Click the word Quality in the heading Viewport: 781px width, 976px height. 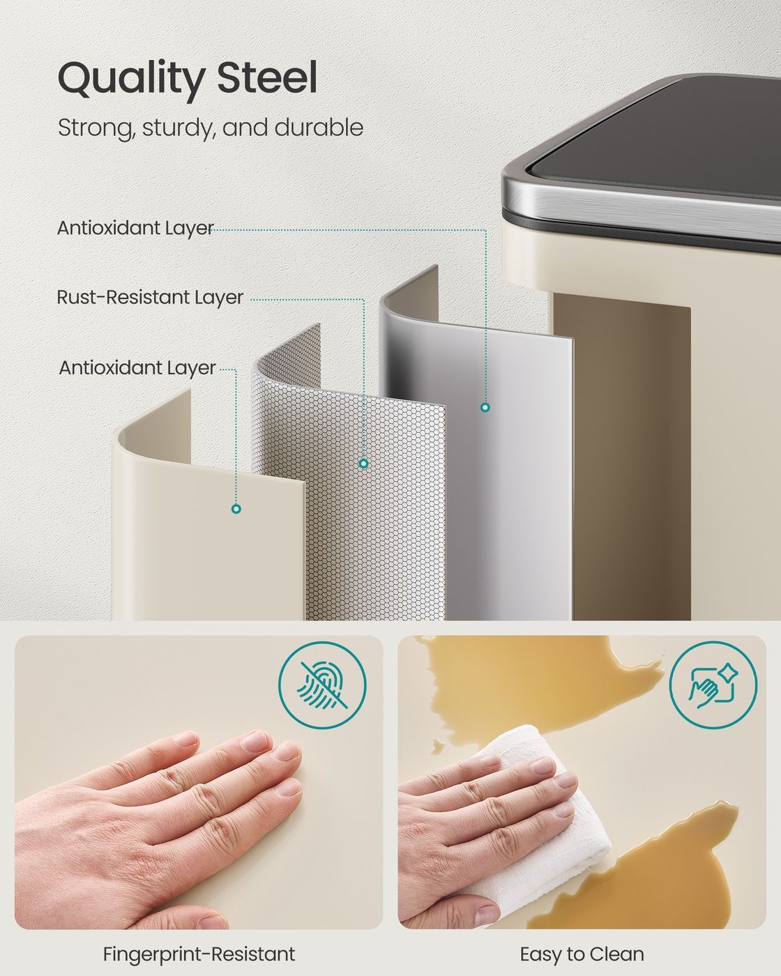point(130,79)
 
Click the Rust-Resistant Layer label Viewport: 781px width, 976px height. point(150,298)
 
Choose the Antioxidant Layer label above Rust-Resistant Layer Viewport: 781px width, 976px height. point(135,228)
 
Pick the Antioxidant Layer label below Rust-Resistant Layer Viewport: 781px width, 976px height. point(137,367)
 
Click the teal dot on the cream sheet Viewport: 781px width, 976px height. point(236,509)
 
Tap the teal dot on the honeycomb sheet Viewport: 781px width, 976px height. point(363,463)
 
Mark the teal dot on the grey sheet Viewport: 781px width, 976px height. point(485,407)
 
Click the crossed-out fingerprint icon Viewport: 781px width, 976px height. point(322,685)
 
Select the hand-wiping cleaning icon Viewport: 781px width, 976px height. point(713,685)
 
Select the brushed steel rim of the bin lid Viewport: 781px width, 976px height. point(635,199)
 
